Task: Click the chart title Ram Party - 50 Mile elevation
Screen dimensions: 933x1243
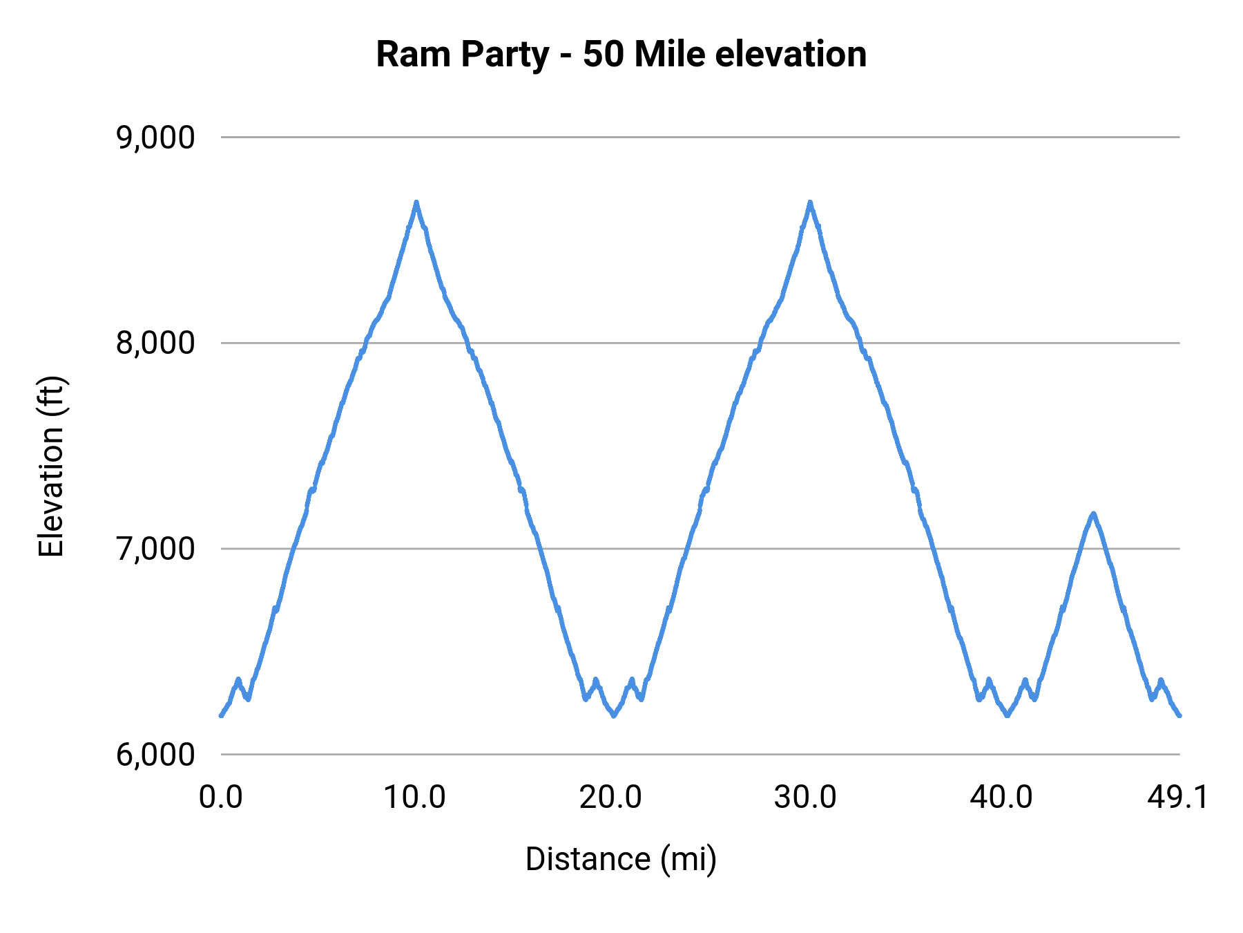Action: pyautogui.click(x=621, y=55)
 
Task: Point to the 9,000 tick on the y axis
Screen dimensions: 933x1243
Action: pyautogui.click(x=155, y=138)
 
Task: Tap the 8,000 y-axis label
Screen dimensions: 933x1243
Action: pyautogui.click(x=155, y=343)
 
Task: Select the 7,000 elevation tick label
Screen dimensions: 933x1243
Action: pyautogui.click(x=155, y=549)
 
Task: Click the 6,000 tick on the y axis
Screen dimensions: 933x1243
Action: pyautogui.click(x=155, y=755)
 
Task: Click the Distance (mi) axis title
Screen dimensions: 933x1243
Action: pyautogui.click(x=621, y=859)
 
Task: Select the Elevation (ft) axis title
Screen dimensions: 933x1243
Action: pyautogui.click(x=51, y=466)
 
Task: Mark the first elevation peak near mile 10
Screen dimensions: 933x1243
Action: pyautogui.click(x=416, y=202)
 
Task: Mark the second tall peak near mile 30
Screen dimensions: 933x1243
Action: pyautogui.click(x=810, y=202)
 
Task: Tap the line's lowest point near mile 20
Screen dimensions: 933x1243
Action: pyautogui.click(x=613, y=716)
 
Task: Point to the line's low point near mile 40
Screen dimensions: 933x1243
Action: pyautogui.click(x=1007, y=716)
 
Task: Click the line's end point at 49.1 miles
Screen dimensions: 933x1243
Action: pyautogui.click(x=1179, y=715)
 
